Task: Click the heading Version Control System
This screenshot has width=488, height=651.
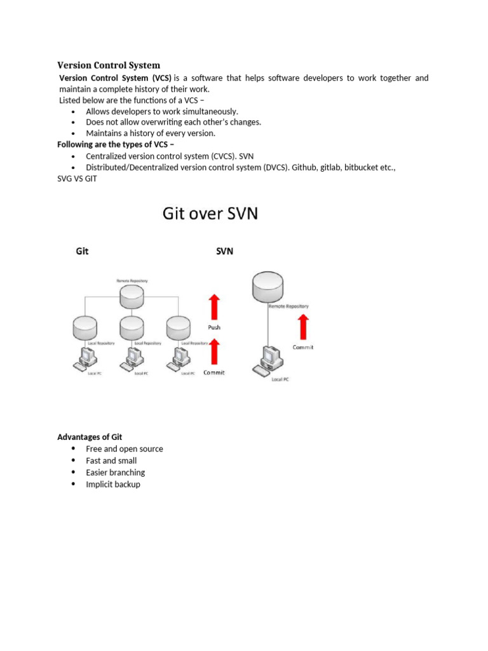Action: (x=109, y=65)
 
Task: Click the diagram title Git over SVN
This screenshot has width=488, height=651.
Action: (x=210, y=213)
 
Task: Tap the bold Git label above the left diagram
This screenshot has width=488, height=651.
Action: (x=82, y=251)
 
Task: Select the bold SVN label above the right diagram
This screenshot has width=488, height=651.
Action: (x=225, y=251)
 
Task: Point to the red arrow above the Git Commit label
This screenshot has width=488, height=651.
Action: (x=214, y=352)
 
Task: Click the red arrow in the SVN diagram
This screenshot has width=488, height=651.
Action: (x=303, y=327)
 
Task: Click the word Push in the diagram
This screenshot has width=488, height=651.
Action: (x=214, y=328)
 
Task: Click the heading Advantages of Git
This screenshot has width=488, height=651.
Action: (x=90, y=437)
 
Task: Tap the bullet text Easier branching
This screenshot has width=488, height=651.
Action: (x=115, y=472)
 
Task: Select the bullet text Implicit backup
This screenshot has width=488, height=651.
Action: (x=113, y=484)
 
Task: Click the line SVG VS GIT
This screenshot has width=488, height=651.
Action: (x=79, y=179)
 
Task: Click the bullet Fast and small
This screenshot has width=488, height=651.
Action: (x=111, y=460)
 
